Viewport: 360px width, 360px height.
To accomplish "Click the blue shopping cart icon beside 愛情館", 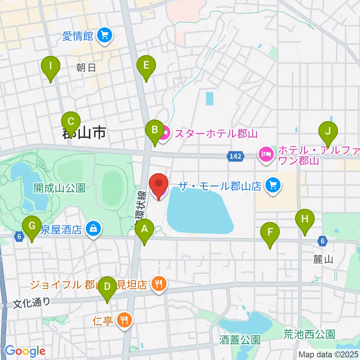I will tap(103, 36).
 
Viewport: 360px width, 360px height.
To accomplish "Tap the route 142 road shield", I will tap(236, 155).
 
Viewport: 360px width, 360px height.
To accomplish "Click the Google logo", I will tap(25, 351).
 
